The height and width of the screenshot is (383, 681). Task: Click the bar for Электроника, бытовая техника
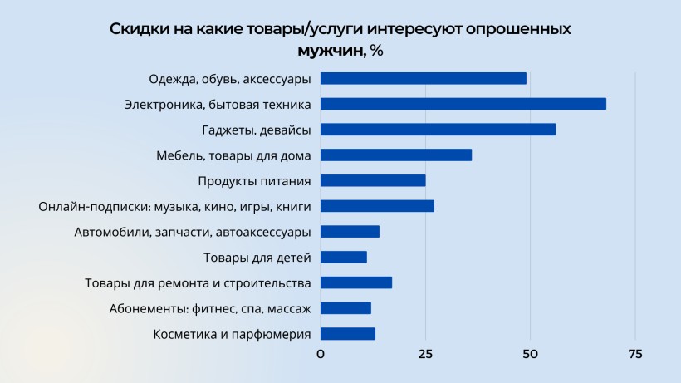tap(463, 104)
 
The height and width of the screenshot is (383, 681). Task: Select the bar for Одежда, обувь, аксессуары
tap(424, 78)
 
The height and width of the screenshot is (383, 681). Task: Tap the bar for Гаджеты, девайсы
tap(438, 130)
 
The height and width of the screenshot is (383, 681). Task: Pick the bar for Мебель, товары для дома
tap(396, 155)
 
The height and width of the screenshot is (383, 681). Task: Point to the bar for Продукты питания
tap(373, 180)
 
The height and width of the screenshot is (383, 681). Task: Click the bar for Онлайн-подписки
tap(377, 206)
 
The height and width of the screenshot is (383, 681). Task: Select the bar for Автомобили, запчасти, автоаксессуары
tap(350, 232)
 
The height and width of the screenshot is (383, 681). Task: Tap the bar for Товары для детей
tap(344, 257)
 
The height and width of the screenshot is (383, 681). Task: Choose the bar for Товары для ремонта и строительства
tap(356, 282)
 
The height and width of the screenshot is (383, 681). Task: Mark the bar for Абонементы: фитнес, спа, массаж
tap(345, 308)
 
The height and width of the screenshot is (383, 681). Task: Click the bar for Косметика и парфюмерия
tap(348, 334)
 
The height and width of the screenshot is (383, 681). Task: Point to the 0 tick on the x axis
tap(321, 355)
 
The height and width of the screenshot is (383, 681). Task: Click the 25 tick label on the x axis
tap(425, 355)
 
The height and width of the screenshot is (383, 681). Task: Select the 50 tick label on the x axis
tap(530, 355)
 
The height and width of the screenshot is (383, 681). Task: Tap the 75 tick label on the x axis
tap(634, 355)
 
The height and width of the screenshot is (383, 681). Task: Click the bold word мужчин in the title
tap(332, 51)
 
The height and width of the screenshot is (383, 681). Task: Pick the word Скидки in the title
tap(136, 29)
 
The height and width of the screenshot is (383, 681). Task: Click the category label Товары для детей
tap(257, 258)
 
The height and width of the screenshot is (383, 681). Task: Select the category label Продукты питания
tap(254, 181)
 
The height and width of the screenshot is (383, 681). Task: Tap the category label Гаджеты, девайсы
tap(257, 130)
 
